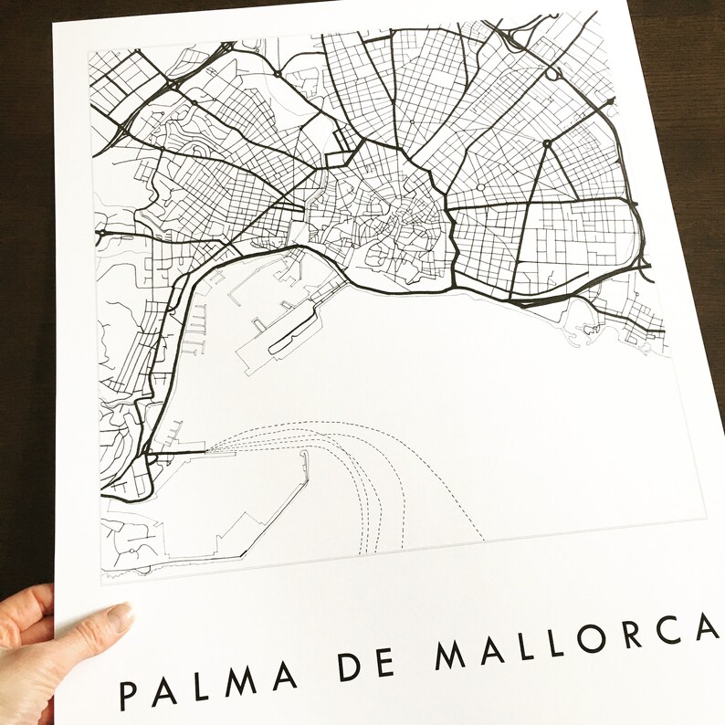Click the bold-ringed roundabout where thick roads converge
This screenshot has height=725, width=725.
point(546,143)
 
